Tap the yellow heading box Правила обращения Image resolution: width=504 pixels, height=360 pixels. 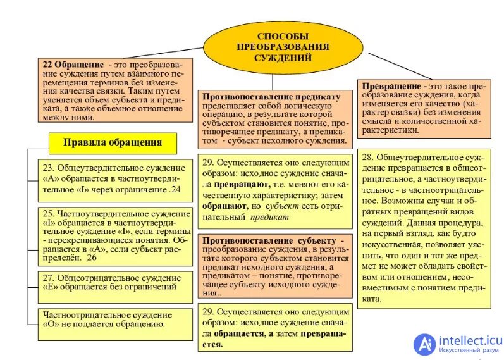(112, 142)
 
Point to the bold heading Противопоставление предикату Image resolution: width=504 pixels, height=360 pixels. (271, 96)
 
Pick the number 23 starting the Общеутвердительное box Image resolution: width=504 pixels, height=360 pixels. (49, 169)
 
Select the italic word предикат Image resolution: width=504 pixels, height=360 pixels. (269, 216)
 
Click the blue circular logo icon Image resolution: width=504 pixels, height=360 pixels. (425, 344)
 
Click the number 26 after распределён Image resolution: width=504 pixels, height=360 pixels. (92, 258)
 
